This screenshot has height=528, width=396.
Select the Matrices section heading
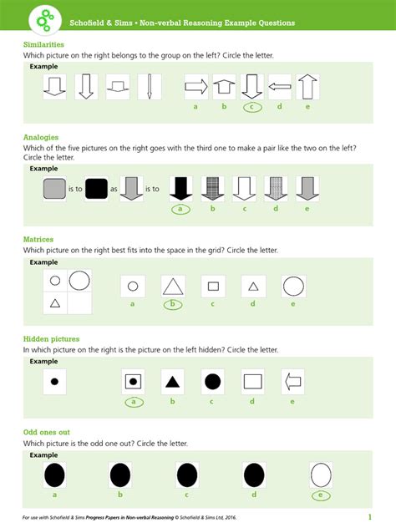pos(38,240)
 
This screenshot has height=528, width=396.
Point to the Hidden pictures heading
pos(52,339)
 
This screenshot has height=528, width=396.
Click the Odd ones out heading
pos(48,433)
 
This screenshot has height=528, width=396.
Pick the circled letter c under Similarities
pos(252,107)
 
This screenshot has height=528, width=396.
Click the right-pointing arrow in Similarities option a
pos(195,86)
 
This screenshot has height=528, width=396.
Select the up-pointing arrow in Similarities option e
pos(308,86)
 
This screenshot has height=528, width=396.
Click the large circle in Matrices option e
pos(293,287)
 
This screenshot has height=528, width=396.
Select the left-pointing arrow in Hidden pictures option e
pos(293,382)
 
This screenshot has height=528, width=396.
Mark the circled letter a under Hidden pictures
pos(132,402)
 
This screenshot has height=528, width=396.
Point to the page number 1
pos(369,517)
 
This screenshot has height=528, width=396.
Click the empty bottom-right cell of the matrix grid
pos(80,302)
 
